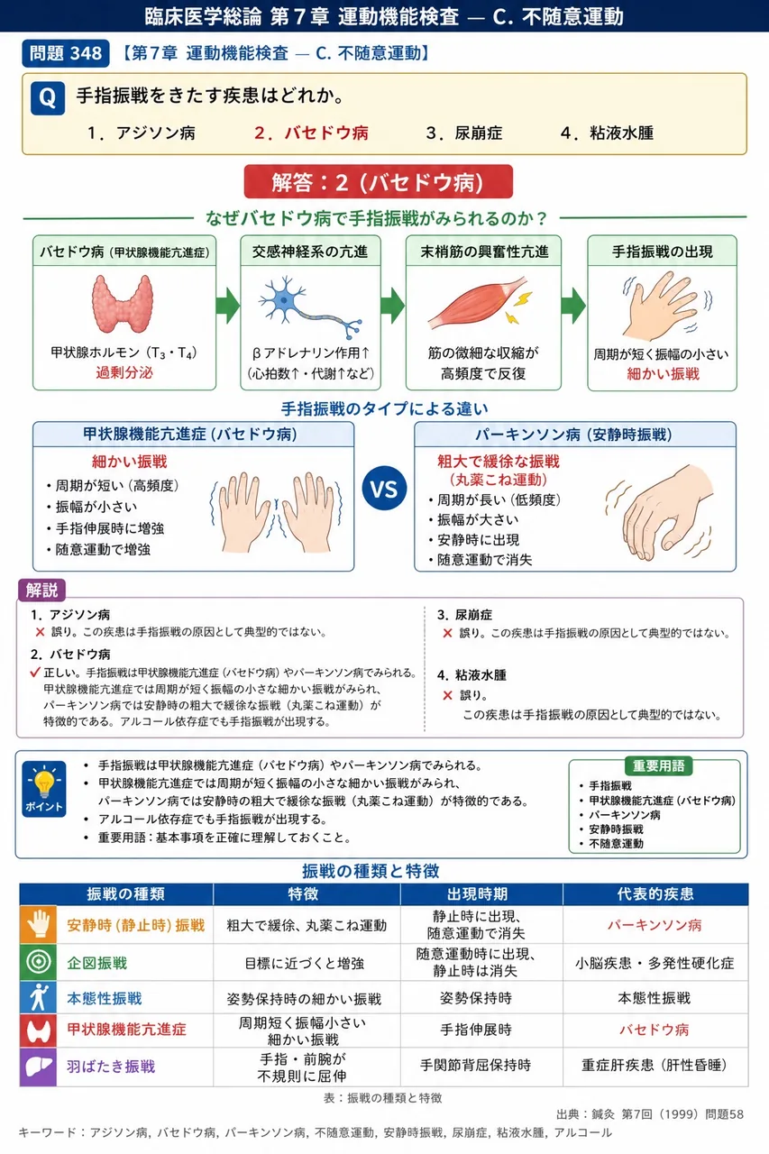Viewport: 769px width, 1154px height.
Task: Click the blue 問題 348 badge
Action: coord(66,53)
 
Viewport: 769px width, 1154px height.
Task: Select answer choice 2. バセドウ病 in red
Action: coord(311,133)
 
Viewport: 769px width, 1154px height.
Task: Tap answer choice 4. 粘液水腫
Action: coord(607,133)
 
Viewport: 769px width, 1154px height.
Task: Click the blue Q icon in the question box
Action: coord(48,98)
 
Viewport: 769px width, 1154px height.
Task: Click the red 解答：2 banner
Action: coord(378,182)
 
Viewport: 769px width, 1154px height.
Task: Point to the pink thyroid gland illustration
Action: coord(122,304)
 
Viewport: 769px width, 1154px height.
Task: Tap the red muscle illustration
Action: coord(480,303)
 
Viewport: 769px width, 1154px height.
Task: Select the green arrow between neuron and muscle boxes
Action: coord(392,305)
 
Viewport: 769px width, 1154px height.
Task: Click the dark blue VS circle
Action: coord(384,489)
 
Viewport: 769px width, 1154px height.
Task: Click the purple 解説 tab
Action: coord(42,590)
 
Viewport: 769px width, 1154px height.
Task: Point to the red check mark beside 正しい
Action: coord(35,672)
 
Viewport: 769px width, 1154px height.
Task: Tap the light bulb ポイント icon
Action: coord(44,788)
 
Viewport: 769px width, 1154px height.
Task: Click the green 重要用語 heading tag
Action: coord(659,765)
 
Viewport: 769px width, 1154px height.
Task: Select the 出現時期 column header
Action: coord(478,893)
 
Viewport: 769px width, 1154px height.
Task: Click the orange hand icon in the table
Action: coord(38,924)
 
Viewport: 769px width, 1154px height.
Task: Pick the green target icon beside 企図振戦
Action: coord(38,962)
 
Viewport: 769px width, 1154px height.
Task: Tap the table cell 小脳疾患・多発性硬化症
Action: coord(655,963)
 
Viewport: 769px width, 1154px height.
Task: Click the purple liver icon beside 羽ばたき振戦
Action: coord(38,1067)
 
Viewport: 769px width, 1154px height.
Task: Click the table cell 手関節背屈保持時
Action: coord(475,1066)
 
